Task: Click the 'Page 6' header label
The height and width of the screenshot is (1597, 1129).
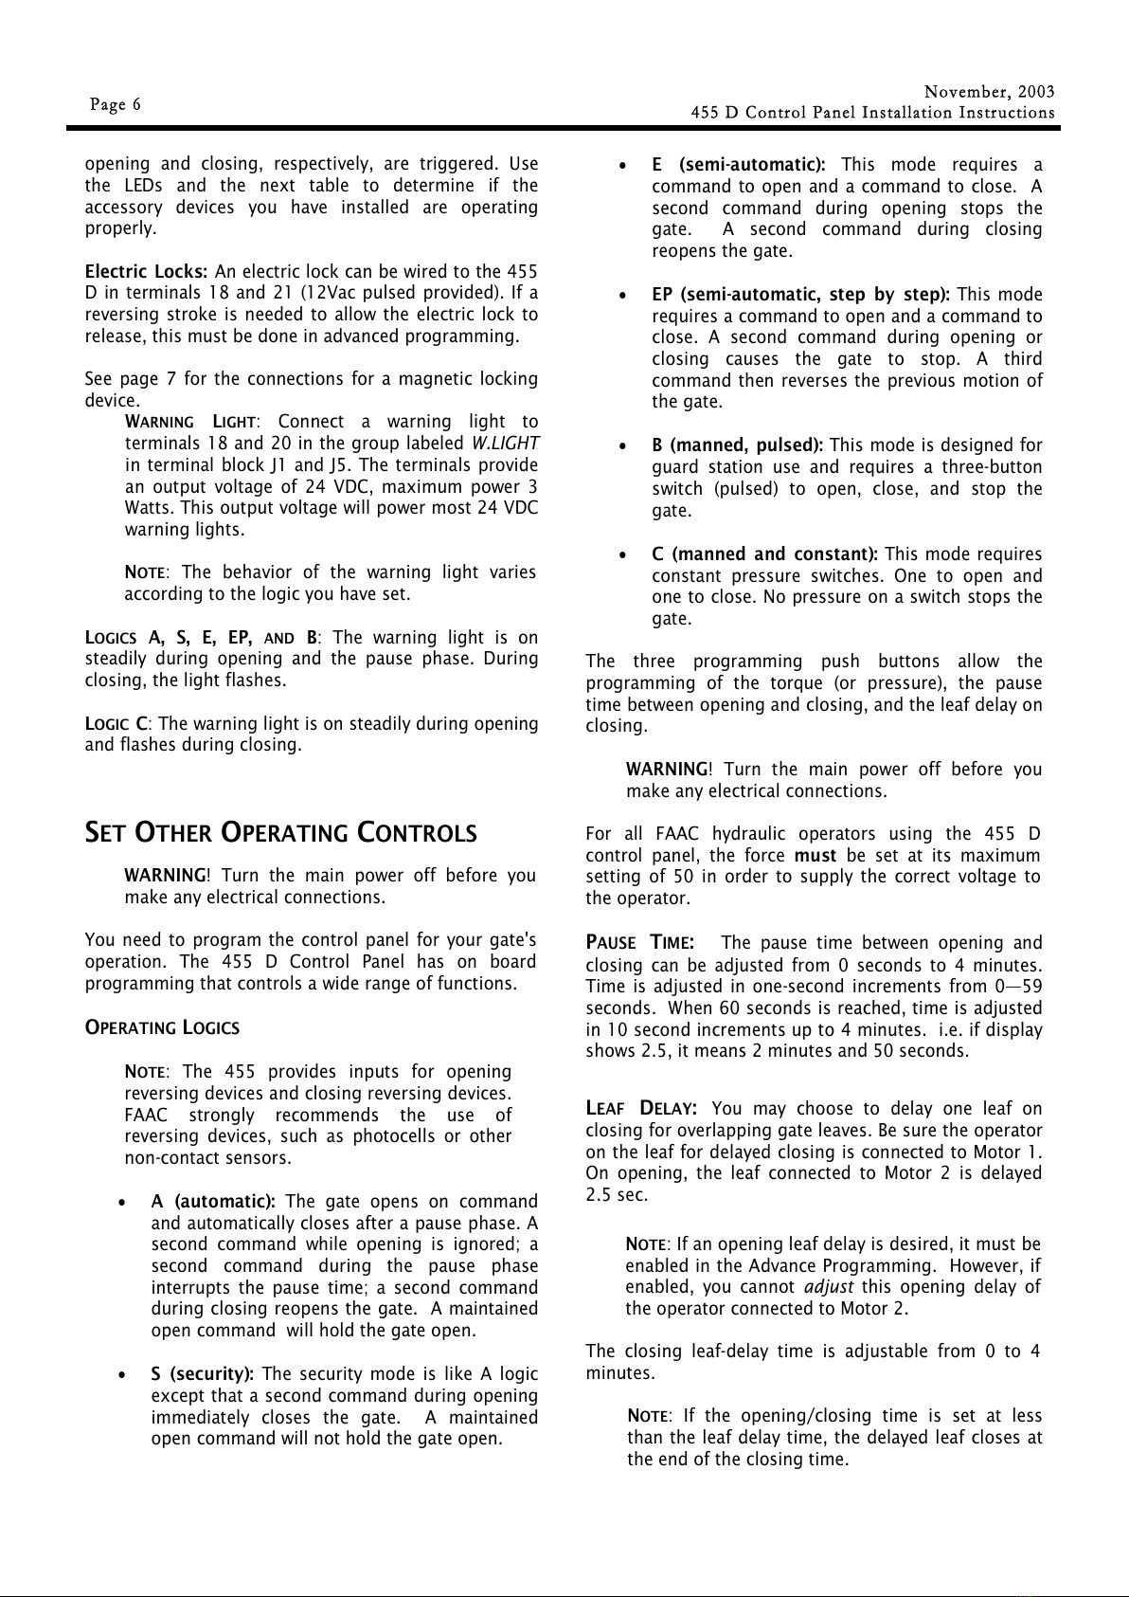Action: tap(116, 104)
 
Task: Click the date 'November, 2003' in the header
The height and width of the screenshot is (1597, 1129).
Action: tap(989, 92)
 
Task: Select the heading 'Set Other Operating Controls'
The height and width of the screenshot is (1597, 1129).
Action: tap(281, 834)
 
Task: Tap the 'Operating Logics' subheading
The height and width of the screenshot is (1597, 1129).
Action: tap(162, 1028)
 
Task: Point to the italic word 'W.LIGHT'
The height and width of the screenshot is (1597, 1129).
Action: tap(505, 444)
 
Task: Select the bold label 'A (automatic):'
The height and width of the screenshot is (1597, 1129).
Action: tap(213, 1202)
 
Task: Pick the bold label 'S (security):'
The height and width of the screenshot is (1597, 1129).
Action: tap(202, 1374)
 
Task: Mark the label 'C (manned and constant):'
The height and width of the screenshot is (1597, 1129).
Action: tap(764, 554)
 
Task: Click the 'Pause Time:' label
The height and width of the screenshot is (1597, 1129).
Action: tap(640, 944)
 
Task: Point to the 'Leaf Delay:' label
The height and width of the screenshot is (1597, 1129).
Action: tap(642, 1109)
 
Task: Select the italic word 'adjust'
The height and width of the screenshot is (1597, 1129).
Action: tap(829, 1287)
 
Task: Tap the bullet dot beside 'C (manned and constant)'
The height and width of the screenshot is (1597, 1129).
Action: tap(621, 555)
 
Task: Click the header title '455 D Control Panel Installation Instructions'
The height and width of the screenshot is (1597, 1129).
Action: tap(872, 113)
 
